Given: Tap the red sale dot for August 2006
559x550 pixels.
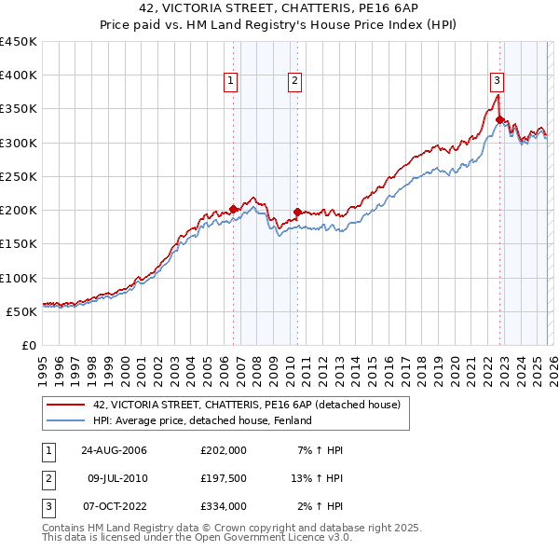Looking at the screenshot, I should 233,209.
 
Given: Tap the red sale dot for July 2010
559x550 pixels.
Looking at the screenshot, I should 297,212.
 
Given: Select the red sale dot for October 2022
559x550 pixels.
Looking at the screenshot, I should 499,119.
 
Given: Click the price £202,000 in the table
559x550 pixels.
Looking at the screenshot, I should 223,450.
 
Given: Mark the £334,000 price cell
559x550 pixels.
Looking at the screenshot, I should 223,506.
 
